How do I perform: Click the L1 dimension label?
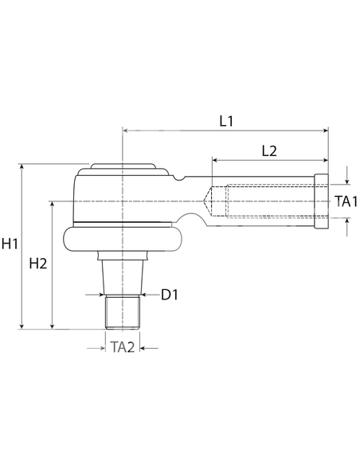226,121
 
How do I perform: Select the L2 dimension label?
268,150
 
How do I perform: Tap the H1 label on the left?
10,244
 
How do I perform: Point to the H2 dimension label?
37,264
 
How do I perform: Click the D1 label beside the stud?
170,295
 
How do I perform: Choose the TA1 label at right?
346,201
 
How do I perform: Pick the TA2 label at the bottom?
123,347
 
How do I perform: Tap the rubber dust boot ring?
123,240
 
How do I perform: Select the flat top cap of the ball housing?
123,168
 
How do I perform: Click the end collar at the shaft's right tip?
322,201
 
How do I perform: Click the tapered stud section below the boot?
123,275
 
